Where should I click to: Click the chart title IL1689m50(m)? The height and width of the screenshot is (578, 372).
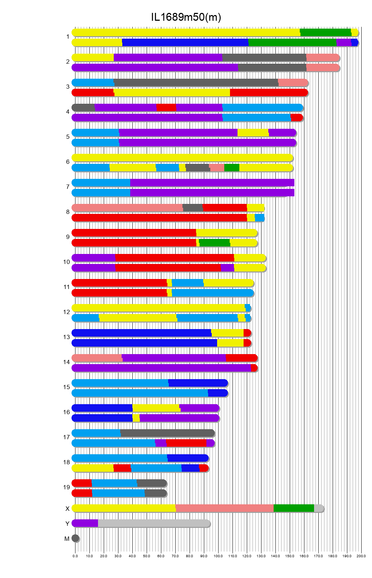pos(186,17)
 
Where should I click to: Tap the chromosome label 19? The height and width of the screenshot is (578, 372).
pos(67,487)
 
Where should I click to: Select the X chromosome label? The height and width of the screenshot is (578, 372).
pos(67,509)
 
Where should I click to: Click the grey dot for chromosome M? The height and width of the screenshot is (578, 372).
pos(75,538)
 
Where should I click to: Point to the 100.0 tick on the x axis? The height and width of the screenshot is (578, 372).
pos(218,556)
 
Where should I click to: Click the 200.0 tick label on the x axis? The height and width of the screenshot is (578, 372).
pos(361,556)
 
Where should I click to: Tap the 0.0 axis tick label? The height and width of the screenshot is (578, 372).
pos(75,556)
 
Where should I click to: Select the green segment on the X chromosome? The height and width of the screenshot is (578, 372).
pos(294,508)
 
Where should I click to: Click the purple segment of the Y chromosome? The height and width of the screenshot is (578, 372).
pos(85,523)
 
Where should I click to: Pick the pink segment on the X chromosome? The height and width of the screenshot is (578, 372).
pos(225,508)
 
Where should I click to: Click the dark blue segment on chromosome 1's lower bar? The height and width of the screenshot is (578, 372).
pos(185,43)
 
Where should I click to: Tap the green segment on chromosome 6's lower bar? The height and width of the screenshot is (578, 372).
pos(232,168)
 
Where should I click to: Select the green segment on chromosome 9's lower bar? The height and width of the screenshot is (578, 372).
pos(215,243)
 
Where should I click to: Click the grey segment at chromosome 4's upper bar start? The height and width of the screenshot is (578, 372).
pos(83,108)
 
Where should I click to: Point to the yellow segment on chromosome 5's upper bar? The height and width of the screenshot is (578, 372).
pos(253,133)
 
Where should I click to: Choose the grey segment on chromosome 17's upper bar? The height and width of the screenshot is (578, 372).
pos(167,433)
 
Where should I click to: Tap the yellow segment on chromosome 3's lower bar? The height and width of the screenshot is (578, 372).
pos(172,93)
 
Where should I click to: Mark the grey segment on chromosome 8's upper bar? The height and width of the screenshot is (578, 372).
pos(193,208)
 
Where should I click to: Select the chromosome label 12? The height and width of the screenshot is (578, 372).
pos(67,312)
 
